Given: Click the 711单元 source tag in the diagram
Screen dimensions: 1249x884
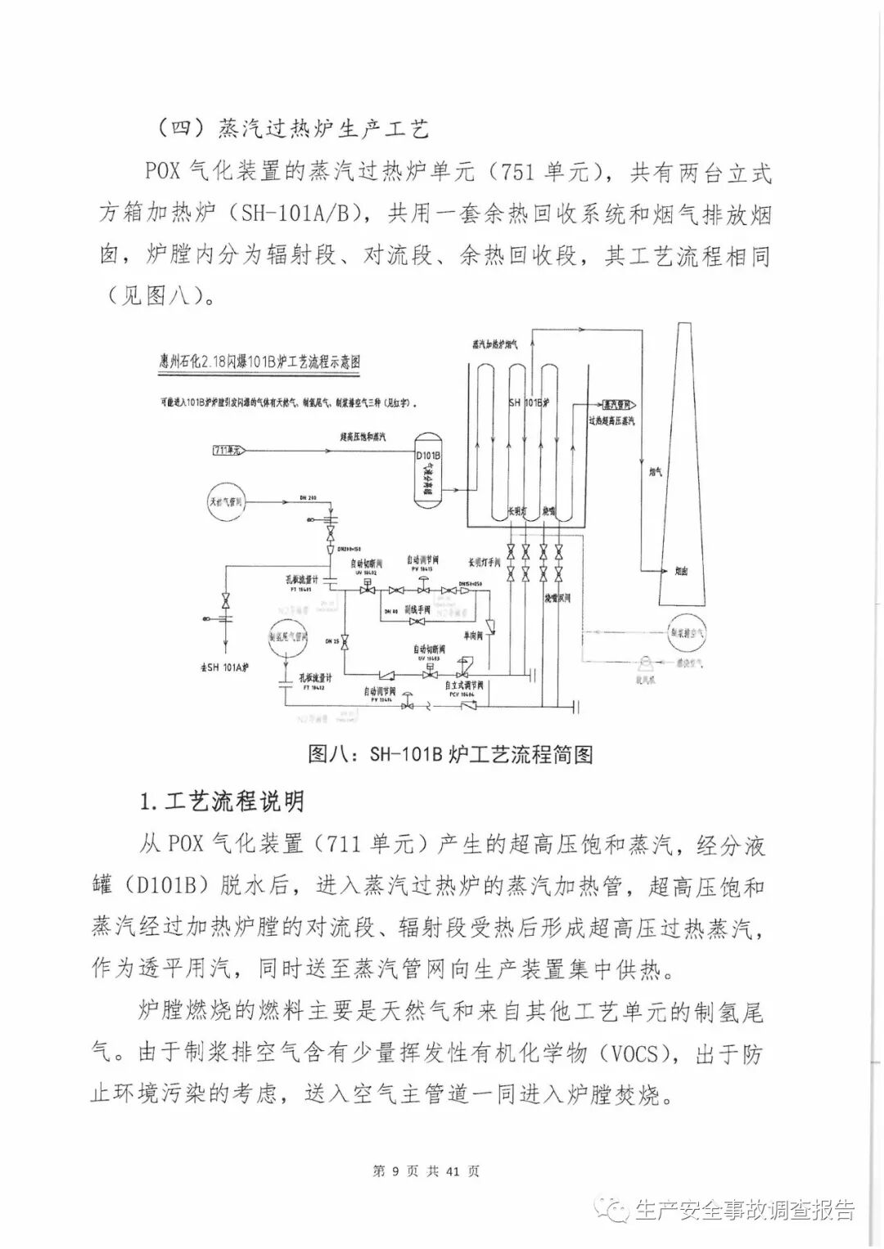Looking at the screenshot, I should pyautogui.click(x=228, y=450).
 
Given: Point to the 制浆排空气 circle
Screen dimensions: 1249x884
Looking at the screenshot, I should pyautogui.click(x=688, y=631).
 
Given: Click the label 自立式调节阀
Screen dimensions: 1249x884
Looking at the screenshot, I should pyautogui.click(x=464, y=685).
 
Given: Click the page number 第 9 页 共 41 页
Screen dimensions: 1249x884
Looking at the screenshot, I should pyautogui.click(x=426, y=1170).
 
